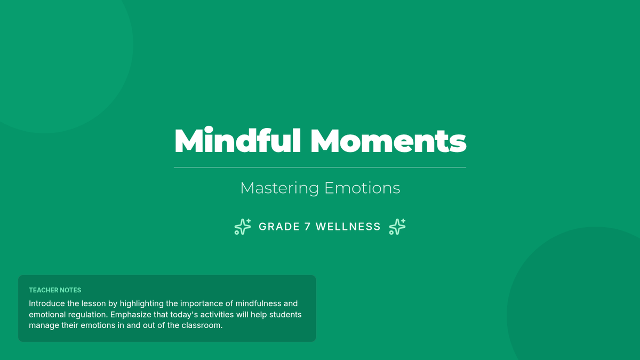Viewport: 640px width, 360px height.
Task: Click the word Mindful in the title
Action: tap(237, 140)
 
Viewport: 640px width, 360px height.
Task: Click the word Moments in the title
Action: tap(388, 141)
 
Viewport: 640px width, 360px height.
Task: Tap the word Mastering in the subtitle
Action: tap(279, 188)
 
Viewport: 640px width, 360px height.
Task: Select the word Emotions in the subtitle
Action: tap(362, 188)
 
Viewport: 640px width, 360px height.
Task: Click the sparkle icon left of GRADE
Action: tap(243, 227)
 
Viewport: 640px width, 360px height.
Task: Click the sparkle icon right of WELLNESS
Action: tap(397, 227)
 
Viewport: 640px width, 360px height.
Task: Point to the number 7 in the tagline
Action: tap(307, 227)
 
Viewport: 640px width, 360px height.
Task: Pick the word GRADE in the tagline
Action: tap(279, 227)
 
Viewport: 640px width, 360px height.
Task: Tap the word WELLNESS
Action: tap(348, 227)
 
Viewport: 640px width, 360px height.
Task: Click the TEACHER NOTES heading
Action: tap(55, 290)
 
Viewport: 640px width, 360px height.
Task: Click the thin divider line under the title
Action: tap(320, 167)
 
